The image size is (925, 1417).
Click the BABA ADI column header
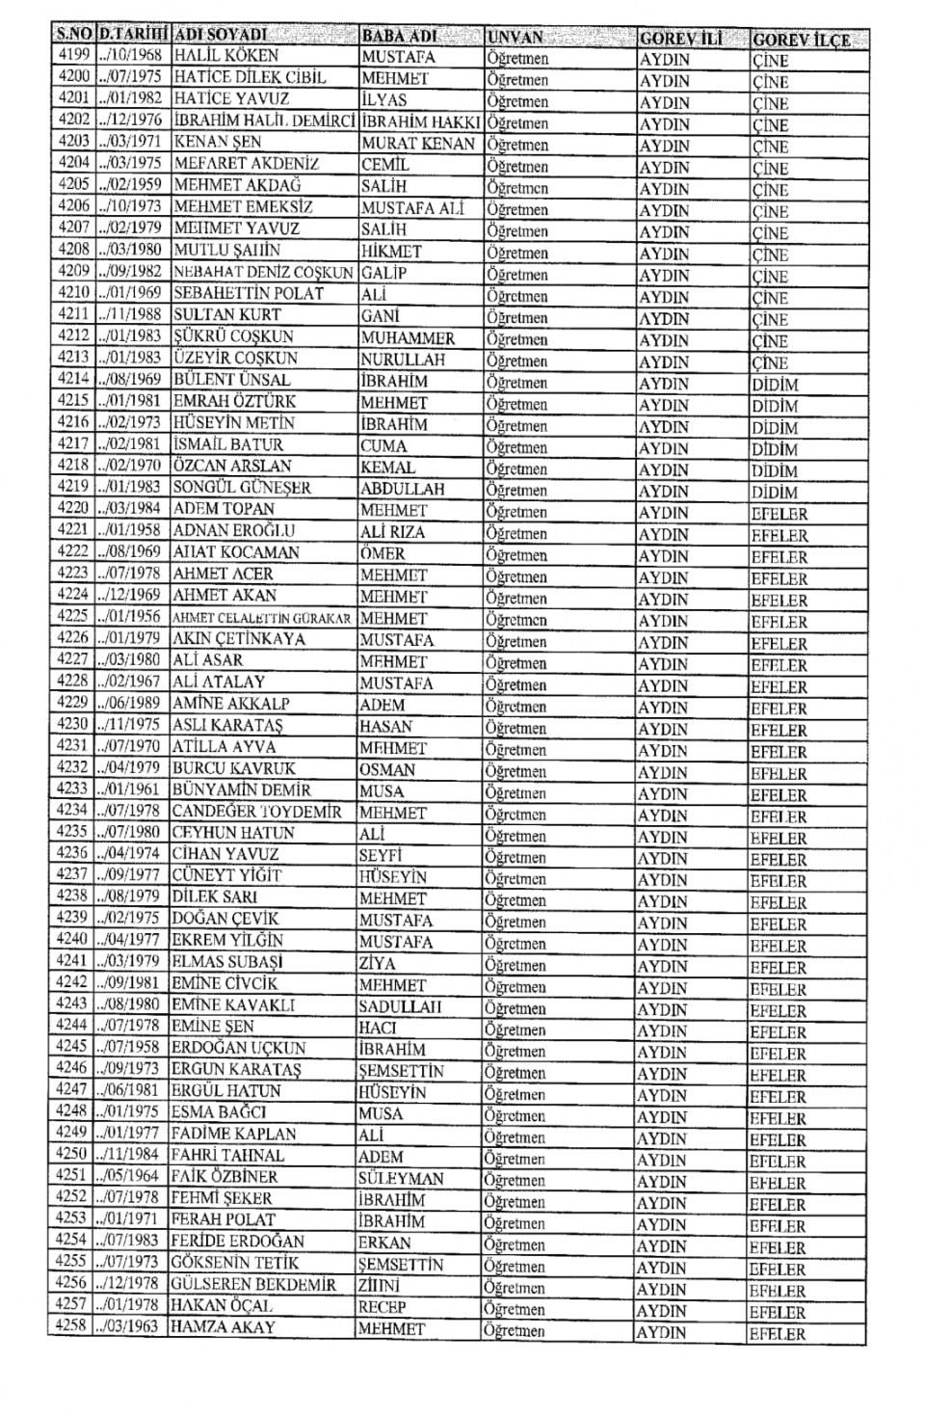tap(399, 37)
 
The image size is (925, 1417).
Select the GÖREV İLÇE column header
tap(801, 40)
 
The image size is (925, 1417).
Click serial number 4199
tap(74, 55)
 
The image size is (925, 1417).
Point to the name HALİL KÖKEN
tap(225, 56)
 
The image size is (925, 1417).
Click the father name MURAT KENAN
tap(418, 144)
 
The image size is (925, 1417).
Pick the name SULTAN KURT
tap(227, 314)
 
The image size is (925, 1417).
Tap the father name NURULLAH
tap(403, 360)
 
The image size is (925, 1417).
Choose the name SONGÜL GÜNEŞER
tap(242, 487)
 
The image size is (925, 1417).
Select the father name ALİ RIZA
tap(392, 531)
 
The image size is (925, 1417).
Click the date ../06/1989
tap(129, 703)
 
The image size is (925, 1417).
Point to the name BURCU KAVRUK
tap(234, 768)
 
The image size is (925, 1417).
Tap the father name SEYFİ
tap(381, 855)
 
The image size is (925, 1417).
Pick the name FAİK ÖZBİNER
tap(225, 1177)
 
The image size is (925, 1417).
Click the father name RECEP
tap(383, 1307)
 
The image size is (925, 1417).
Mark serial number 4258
tap(71, 1326)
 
